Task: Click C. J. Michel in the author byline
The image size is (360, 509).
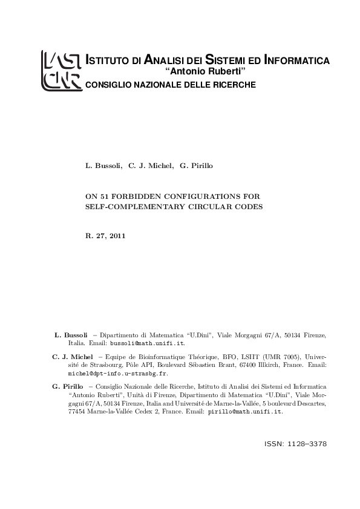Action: [x=151, y=165]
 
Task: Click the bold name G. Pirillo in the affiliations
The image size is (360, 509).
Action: [x=68, y=385]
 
